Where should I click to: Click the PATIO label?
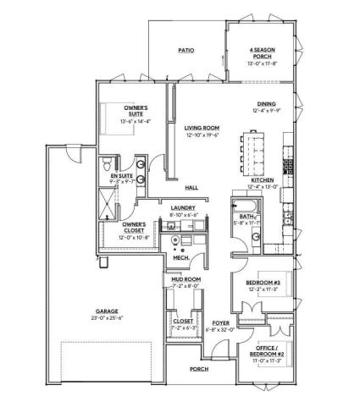186,51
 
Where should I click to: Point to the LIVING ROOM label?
202,127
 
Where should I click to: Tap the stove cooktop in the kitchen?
288,162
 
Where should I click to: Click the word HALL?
192,188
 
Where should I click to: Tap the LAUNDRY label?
183,208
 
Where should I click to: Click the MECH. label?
178,259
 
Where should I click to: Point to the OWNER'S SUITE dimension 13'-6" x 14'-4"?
137,122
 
